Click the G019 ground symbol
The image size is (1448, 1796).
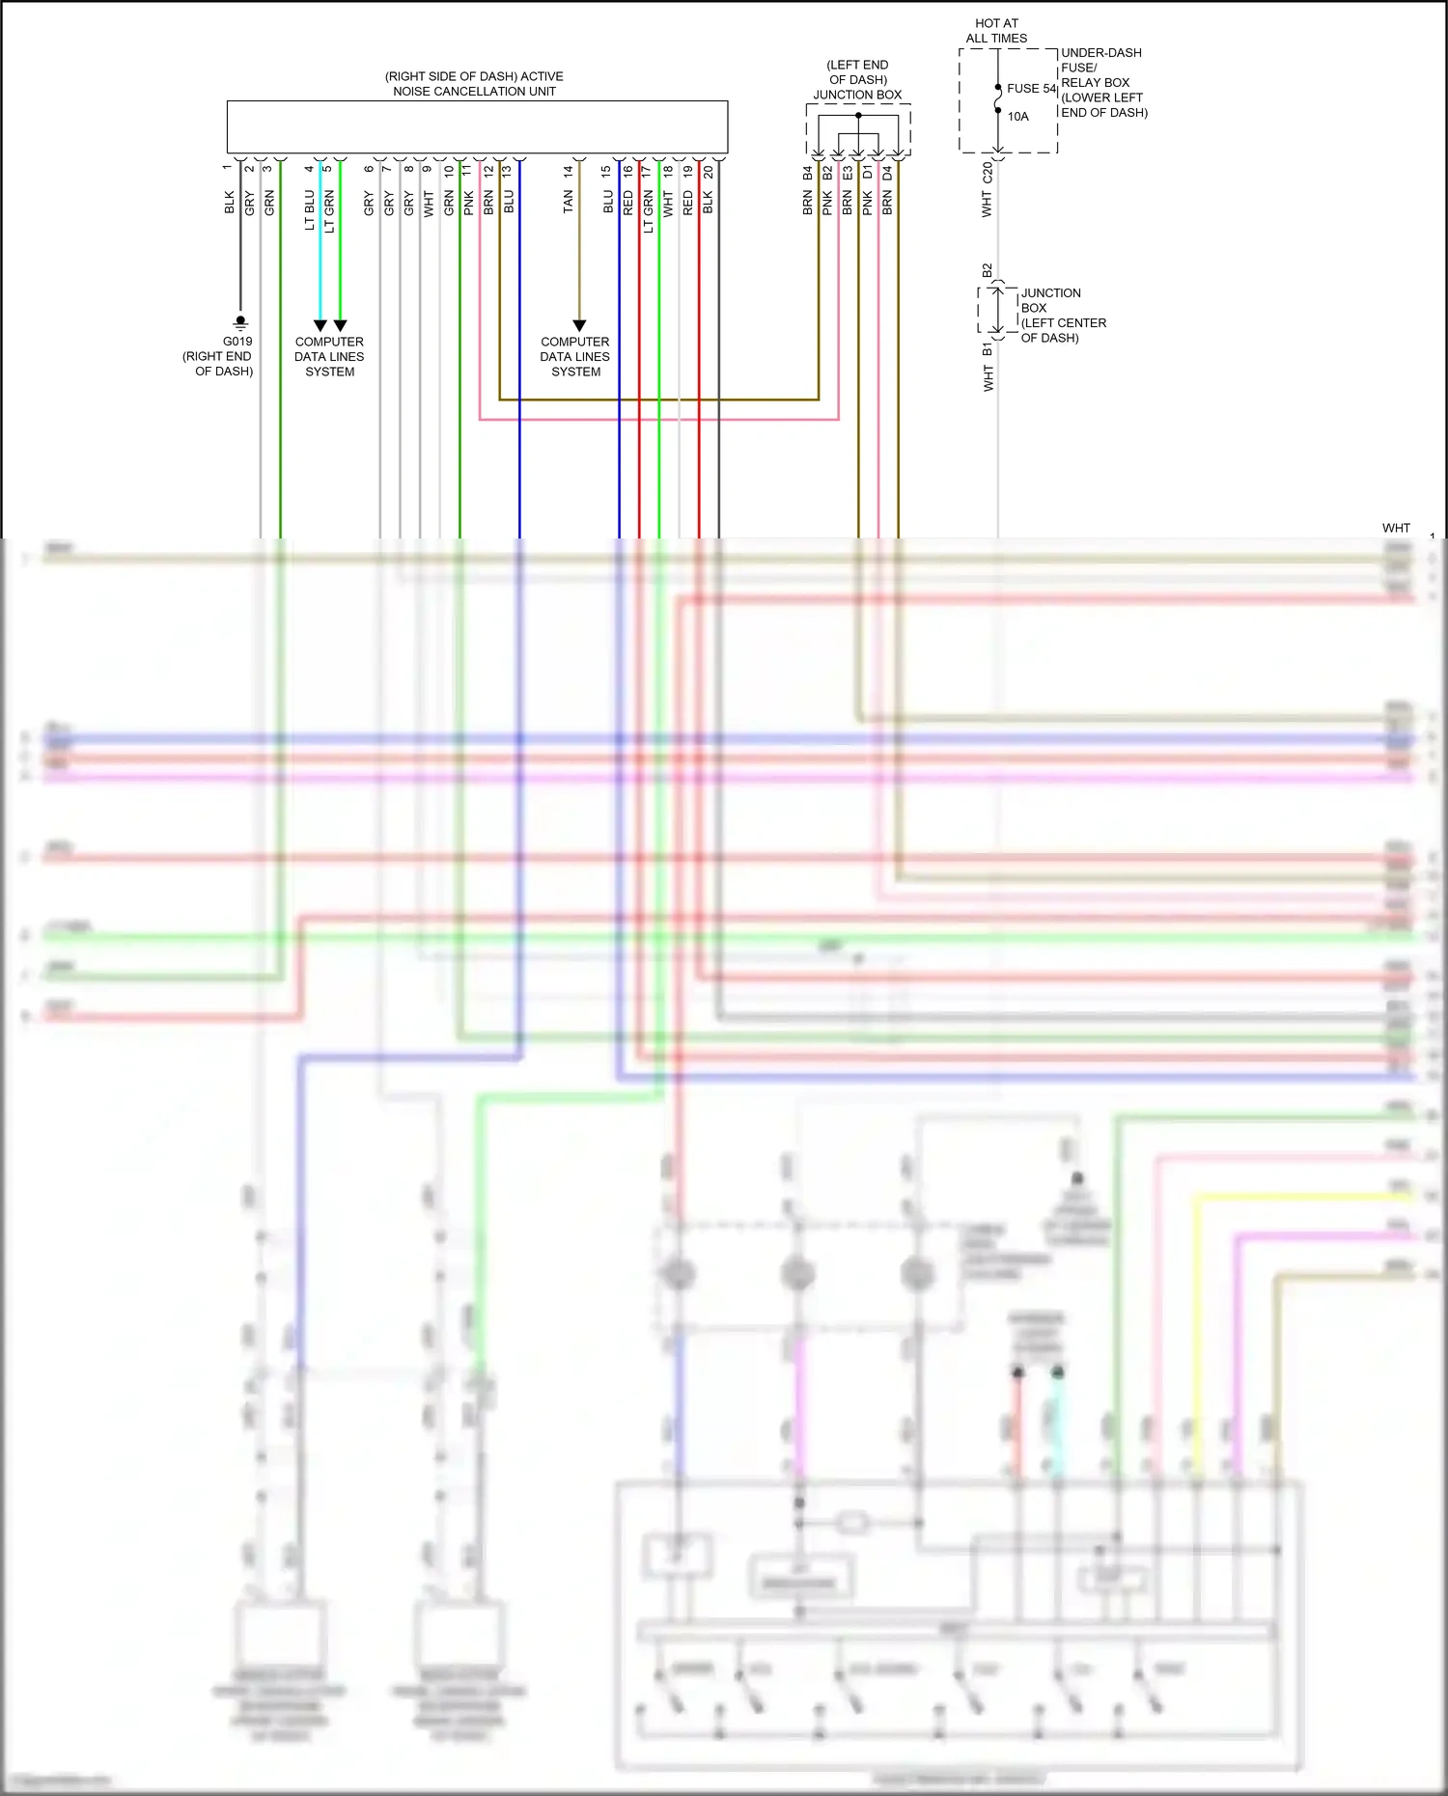[240, 322]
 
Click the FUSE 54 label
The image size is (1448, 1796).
[1031, 89]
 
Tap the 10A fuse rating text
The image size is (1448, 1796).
[1018, 117]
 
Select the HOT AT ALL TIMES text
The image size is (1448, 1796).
[996, 31]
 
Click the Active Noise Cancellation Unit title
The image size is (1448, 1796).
[474, 84]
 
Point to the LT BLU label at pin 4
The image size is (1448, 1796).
[310, 209]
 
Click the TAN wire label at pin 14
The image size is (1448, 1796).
[568, 201]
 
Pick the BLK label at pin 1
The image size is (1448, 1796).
[230, 202]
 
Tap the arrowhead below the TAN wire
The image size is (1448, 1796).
[579, 326]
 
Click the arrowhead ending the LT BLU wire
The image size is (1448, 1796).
[320, 326]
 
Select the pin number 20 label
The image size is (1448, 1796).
[709, 172]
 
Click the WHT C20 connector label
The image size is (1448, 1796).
[987, 189]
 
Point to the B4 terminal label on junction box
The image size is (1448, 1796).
[808, 173]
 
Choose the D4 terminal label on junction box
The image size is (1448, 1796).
[887, 173]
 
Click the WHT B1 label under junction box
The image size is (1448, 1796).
[988, 367]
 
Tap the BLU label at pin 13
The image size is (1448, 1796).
[509, 202]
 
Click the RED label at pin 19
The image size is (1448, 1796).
[687, 202]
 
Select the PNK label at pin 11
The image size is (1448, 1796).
[468, 202]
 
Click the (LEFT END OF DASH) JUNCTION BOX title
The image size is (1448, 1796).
[857, 80]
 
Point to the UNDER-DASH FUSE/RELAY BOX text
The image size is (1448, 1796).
[1103, 82]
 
